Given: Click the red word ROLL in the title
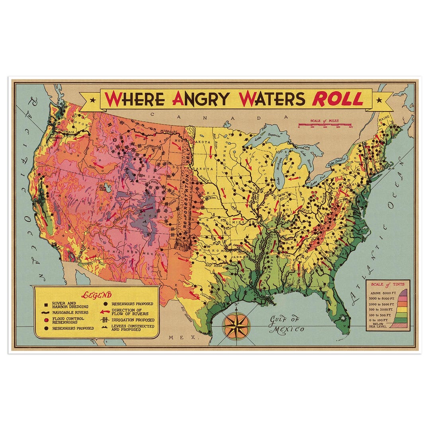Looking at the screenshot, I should (x=337, y=99).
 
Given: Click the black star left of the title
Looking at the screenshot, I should (x=93, y=100).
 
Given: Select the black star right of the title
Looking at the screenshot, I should (x=379, y=100).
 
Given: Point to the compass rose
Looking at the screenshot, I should (x=236, y=324).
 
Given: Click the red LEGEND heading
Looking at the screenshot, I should (x=96, y=295).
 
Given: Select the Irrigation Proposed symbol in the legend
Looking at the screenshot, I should (x=106, y=320).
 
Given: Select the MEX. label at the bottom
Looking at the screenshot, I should (x=177, y=337).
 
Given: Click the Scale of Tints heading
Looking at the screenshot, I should (x=387, y=284).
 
